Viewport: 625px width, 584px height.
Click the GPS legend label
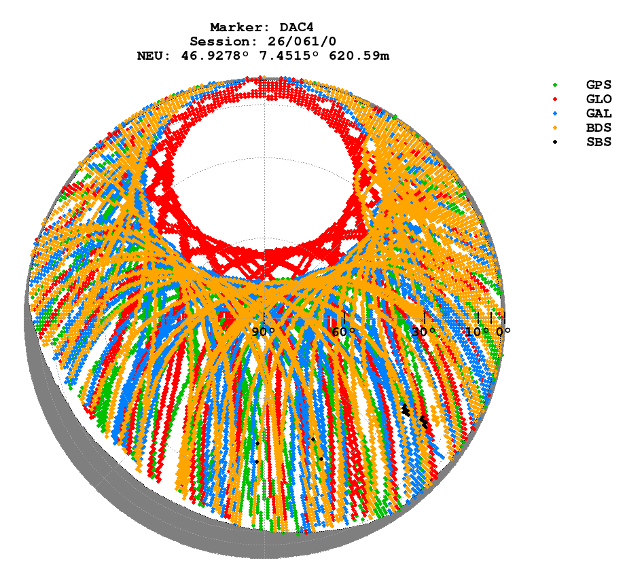tap(599, 85)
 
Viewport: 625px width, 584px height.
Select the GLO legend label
tap(599, 99)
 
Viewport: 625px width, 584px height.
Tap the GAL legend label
tap(599, 113)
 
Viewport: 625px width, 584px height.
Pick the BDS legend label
tap(599, 128)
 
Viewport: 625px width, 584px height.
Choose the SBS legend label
tap(599, 142)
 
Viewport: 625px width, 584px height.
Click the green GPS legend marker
tap(555, 85)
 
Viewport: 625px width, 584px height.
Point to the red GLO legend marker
tap(555, 99)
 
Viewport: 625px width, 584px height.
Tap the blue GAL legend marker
tap(555, 113)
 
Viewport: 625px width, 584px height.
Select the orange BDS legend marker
tap(555, 128)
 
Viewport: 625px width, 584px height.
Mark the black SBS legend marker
tap(555, 142)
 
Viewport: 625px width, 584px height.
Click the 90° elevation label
tap(263, 332)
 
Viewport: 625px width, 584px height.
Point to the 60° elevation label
tap(344, 332)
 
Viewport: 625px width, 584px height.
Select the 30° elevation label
tap(424, 332)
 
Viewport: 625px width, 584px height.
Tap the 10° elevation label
tap(478, 332)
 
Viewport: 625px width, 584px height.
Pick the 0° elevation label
tap(503, 332)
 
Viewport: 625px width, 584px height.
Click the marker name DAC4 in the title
tap(294, 27)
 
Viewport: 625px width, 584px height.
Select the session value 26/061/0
tap(294, 41)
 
